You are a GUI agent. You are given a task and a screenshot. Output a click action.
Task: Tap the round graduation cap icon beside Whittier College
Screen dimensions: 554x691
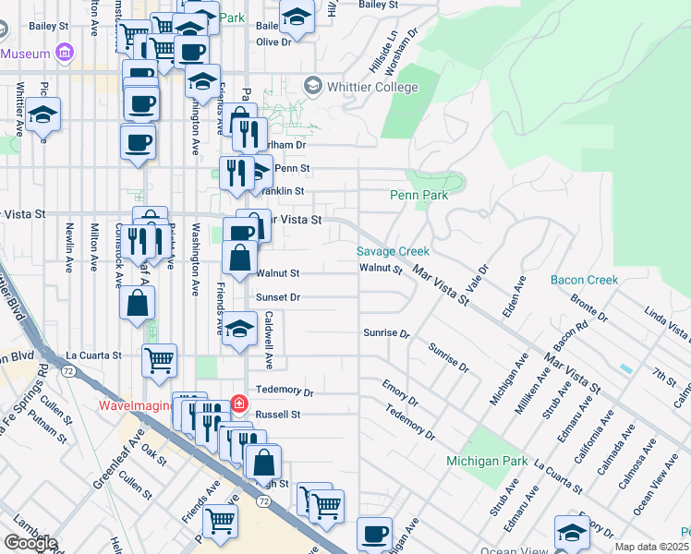click(312, 86)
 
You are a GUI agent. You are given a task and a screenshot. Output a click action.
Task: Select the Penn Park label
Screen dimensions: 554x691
click(418, 196)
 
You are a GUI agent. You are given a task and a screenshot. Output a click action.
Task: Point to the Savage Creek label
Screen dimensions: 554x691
click(394, 251)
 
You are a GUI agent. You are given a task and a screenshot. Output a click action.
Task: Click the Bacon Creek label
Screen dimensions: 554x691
click(584, 279)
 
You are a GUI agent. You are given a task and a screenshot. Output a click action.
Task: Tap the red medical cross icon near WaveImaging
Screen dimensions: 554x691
click(239, 403)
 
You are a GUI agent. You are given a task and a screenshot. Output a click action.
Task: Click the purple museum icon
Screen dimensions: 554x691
click(64, 54)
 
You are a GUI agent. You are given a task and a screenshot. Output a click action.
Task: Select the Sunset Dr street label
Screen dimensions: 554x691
click(278, 298)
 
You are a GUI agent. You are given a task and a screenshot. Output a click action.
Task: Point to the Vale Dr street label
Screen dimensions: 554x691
click(478, 277)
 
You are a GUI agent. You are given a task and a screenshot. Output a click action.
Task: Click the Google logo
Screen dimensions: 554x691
click(30, 543)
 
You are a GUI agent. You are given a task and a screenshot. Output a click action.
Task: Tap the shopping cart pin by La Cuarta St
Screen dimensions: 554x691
click(159, 360)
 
